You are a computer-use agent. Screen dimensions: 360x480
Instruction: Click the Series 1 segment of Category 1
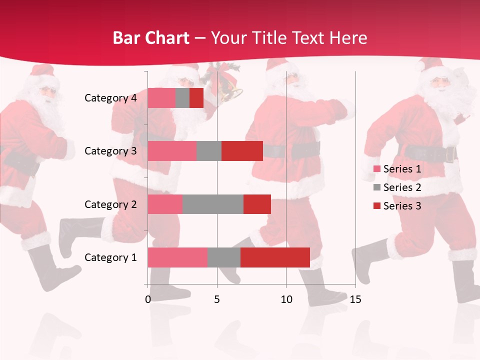pos(177,257)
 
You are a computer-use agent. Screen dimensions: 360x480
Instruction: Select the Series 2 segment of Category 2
pos(212,204)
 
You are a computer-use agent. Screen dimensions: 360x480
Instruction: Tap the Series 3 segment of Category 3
pos(242,151)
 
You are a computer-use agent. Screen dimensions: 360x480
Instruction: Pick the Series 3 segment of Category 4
pos(196,98)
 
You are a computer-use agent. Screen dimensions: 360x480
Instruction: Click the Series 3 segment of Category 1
pos(275,257)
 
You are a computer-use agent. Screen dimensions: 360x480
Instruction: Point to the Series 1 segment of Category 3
pos(172,151)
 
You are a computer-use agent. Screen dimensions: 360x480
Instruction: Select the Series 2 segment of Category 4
pos(182,98)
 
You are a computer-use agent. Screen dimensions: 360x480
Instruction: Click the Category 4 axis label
pos(110,98)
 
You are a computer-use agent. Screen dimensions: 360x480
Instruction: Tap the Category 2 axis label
pos(110,204)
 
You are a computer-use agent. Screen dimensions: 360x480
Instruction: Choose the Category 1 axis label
pos(110,257)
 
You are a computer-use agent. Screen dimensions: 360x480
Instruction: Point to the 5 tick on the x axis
pos(217,299)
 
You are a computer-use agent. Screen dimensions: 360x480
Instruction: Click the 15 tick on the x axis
pos(355,299)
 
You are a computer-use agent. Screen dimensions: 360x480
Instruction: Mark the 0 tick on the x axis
pos(148,299)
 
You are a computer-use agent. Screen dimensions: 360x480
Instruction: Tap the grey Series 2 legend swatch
pos(377,187)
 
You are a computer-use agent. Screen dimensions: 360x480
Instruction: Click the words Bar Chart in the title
pos(151,38)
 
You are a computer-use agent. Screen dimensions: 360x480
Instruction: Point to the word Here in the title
pos(347,38)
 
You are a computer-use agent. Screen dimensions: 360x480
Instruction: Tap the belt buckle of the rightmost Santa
pos(449,154)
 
